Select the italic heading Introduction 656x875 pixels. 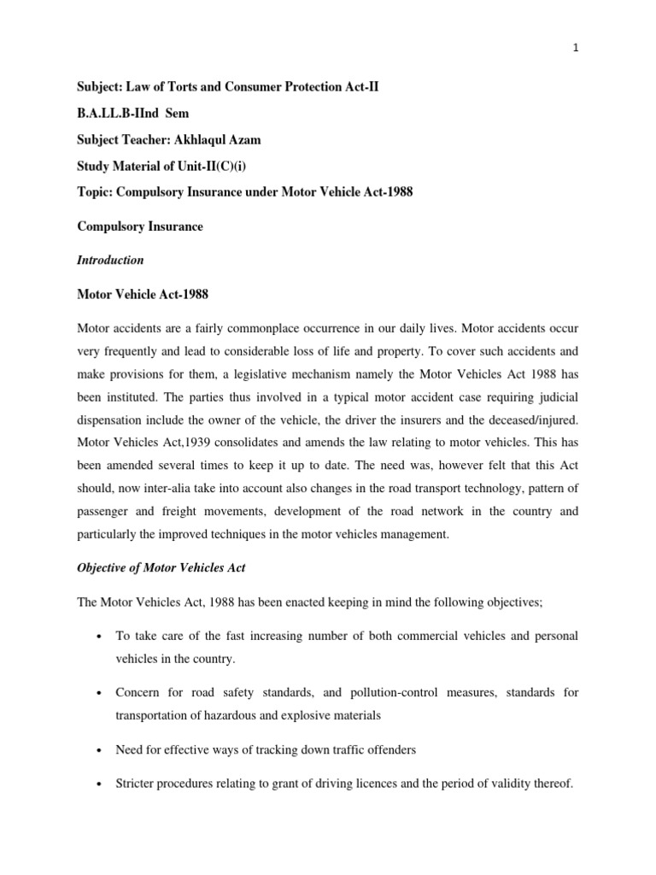(110, 260)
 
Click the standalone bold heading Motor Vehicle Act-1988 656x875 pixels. (143, 294)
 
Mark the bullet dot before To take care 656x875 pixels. (101, 637)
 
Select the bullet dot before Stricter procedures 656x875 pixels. (101, 784)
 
